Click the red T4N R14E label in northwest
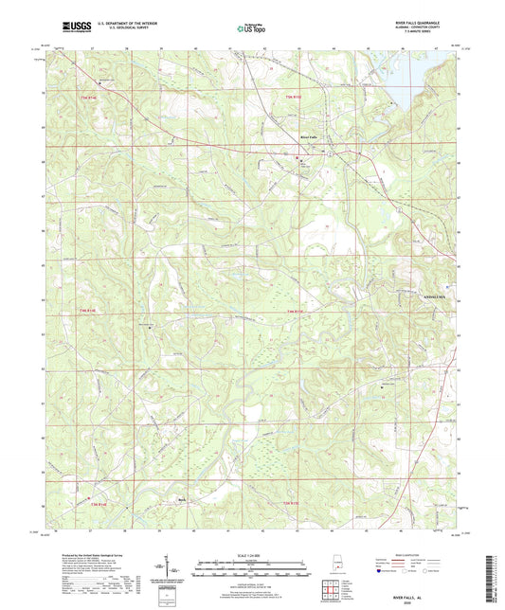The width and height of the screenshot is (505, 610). pos(81,96)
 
